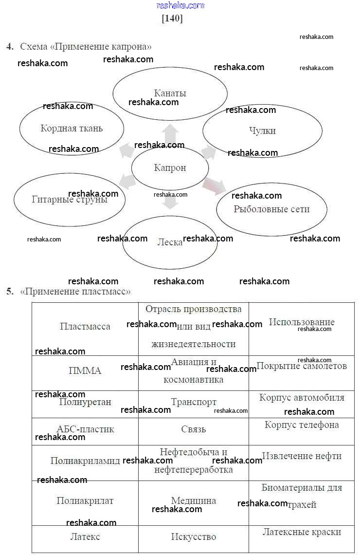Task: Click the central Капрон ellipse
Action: coord(170,168)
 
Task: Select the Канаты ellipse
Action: coord(170,93)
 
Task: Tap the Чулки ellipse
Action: coord(262,130)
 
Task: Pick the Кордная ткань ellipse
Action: coord(72,129)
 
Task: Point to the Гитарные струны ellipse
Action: coord(70,199)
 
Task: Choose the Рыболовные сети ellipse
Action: coord(271,209)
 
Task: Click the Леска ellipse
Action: coord(170,242)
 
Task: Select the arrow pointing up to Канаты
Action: coord(170,133)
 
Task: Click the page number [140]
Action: coord(172,18)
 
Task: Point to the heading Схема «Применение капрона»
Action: coord(86,47)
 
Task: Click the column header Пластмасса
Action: coord(85,327)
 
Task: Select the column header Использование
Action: coord(302,322)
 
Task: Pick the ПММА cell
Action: coord(85,371)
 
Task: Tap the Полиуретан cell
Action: coord(85,402)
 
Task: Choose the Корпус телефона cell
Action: coord(302,425)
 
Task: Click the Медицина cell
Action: coord(194,500)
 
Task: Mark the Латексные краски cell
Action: coord(302,532)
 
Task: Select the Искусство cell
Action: coord(194,537)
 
